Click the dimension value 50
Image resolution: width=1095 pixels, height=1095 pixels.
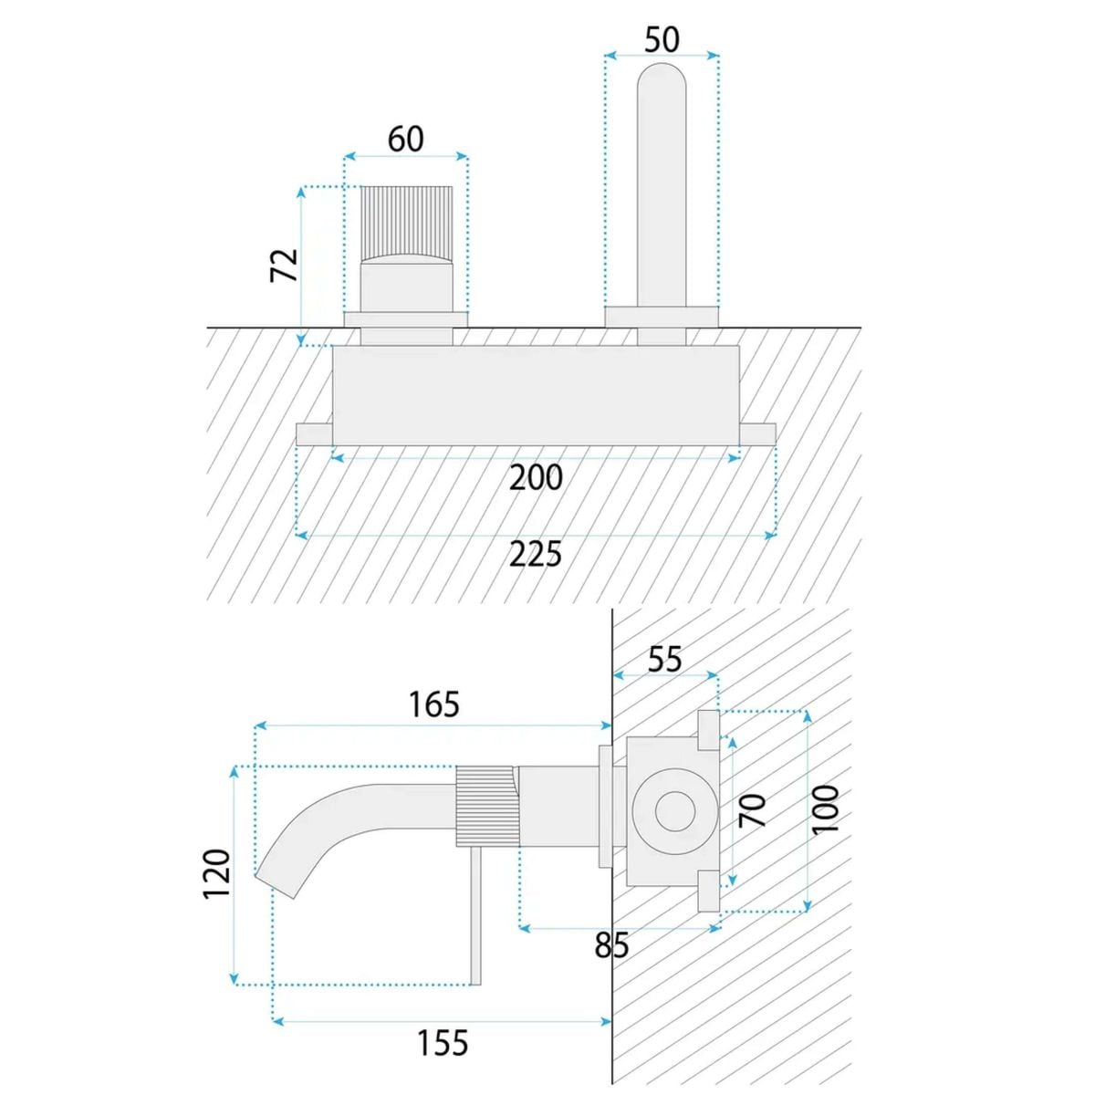662,40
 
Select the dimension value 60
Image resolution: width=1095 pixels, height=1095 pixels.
406,140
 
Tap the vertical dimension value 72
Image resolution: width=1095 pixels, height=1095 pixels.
284,265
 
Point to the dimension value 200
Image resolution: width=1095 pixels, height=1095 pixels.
536,478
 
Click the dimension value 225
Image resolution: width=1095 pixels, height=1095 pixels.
536,554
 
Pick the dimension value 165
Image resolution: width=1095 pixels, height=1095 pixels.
434,704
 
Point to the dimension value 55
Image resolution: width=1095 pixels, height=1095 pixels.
664,660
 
